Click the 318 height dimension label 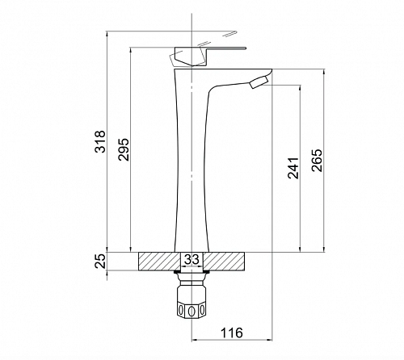[x=100, y=141]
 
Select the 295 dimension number [x=124, y=149]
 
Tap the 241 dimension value [x=293, y=168]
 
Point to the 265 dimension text [x=317, y=160]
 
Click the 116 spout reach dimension [x=232, y=333]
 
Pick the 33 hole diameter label [x=191, y=259]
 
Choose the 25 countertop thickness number [x=100, y=261]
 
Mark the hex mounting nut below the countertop [x=191, y=301]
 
